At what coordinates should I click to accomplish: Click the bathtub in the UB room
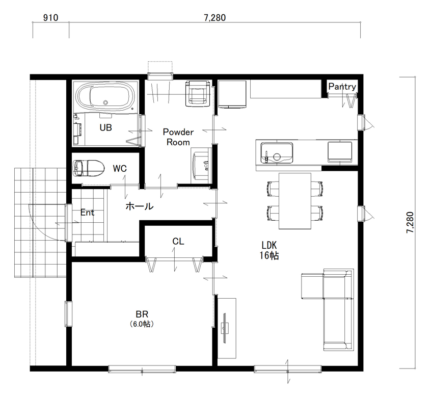[x=106, y=97]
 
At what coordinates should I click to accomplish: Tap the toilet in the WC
[x=88, y=168]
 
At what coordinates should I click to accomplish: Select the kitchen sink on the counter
[x=277, y=152]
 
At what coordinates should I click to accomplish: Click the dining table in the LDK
[x=295, y=201]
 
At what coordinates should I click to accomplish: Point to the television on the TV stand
[x=225, y=328]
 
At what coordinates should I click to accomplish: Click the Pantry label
[x=342, y=87]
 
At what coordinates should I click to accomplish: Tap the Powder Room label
[x=178, y=137]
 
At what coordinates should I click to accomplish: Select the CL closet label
[x=178, y=242]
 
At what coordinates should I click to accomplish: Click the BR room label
[x=142, y=314]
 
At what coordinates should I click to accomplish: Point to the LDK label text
[x=269, y=245]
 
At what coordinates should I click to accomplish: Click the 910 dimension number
[x=51, y=18]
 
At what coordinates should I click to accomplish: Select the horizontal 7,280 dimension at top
[x=215, y=18]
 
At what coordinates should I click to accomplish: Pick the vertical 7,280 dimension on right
[x=410, y=223]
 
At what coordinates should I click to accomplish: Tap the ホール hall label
[x=140, y=206]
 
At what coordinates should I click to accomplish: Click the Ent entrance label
[x=88, y=213]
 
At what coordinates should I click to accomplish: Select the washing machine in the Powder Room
[x=197, y=93]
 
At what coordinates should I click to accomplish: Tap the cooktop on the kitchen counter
[x=340, y=152]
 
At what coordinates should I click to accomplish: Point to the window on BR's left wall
[x=68, y=314]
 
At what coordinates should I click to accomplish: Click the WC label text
[x=120, y=169]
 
